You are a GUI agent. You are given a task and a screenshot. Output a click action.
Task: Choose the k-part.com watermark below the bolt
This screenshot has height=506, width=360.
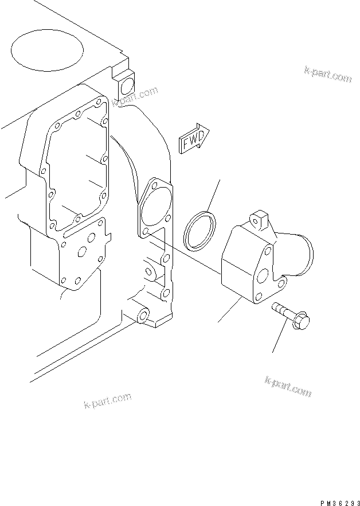288,387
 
